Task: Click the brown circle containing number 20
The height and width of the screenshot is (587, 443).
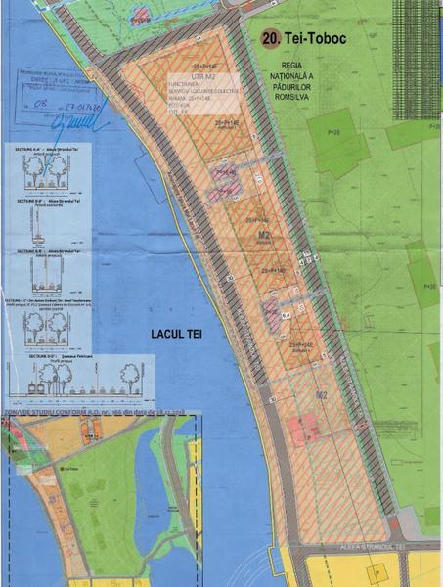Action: pyautogui.click(x=271, y=40)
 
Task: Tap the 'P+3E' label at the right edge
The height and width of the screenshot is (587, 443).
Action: pyautogui.click(x=429, y=287)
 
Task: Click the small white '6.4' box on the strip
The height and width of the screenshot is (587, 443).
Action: pyautogui.click(x=287, y=315)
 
